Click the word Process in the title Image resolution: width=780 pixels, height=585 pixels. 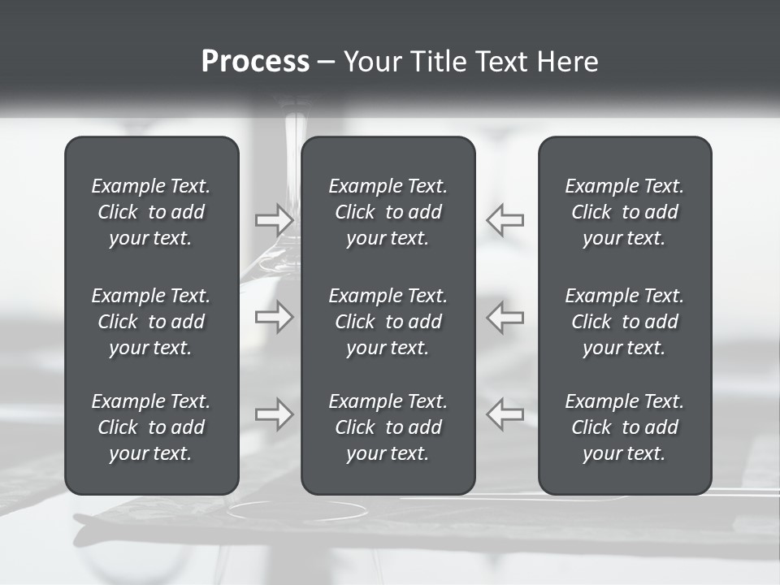255,62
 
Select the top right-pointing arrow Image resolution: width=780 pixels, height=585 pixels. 274,219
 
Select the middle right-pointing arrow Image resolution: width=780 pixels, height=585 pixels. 274,317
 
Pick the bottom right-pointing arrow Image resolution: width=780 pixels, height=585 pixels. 274,414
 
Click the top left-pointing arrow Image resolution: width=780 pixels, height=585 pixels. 505,219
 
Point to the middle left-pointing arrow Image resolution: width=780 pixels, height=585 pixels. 505,317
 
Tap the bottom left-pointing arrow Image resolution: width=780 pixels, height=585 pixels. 505,414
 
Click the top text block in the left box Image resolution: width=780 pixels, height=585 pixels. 151,212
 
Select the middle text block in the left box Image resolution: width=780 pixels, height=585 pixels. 151,322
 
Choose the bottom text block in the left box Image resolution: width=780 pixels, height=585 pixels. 151,427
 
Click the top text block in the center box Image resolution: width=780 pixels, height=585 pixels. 388,212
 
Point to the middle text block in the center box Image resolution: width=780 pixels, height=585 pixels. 388,322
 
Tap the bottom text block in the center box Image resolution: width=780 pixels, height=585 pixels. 388,427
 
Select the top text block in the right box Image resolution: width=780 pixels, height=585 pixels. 625,212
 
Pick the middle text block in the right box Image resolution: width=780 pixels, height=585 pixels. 625,322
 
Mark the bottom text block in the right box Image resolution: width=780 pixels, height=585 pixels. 625,427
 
